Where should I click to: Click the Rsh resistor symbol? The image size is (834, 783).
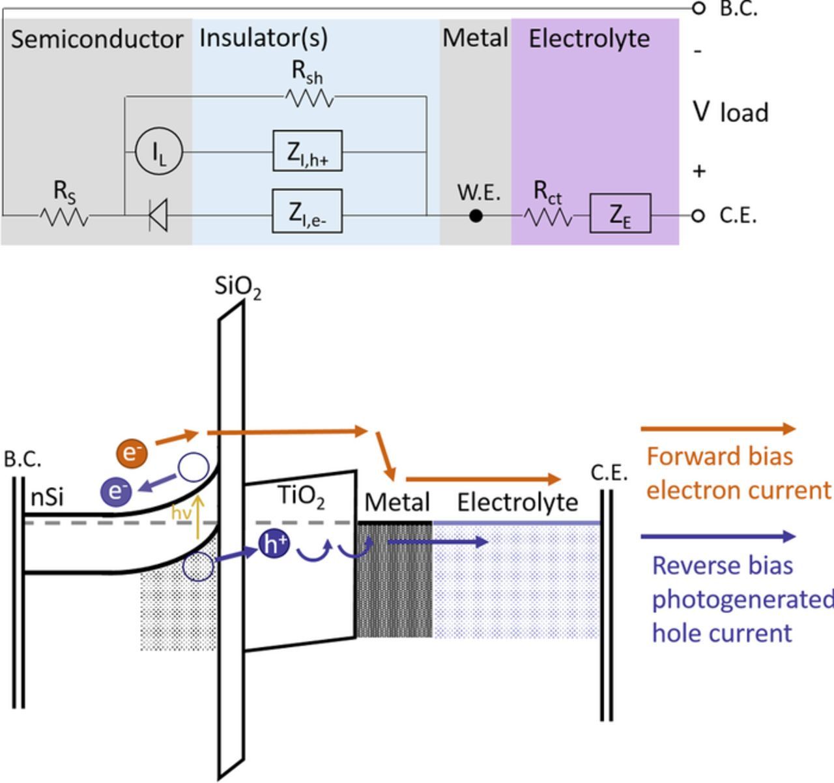coord(309,98)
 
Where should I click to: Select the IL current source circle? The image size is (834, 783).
coord(158,152)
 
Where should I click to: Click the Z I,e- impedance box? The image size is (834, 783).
coord(307,211)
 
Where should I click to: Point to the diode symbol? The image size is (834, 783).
coord(158,214)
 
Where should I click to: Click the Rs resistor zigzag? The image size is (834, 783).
coord(64,216)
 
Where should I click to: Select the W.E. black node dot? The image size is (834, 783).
coord(476,215)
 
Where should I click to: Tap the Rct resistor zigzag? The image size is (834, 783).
coord(548,216)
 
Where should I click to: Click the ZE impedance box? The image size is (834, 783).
coord(620,213)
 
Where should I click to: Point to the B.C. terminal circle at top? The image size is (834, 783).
coord(698,8)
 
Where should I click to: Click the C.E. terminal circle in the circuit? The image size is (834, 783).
coord(698,215)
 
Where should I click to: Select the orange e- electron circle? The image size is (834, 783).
coord(132,452)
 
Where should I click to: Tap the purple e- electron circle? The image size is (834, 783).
coord(117,491)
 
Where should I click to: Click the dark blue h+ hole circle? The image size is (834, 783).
coord(274,544)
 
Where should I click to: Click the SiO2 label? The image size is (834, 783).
coord(238,288)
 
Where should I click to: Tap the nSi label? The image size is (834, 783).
coord(48,497)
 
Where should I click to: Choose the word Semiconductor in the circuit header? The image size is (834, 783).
coord(97,39)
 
